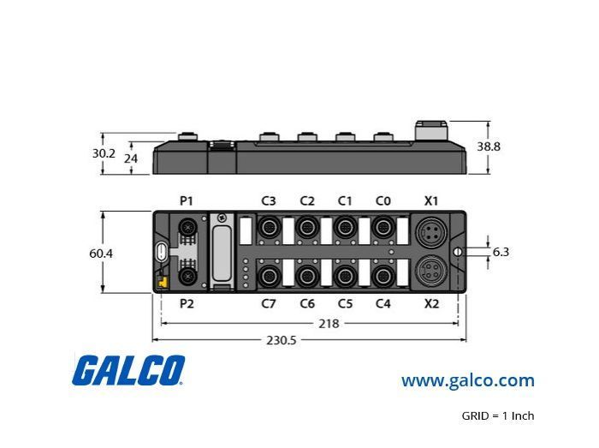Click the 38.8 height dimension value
pyautogui.click(x=489, y=146)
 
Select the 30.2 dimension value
pyautogui.click(x=104, y=153)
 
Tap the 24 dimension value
pyautogui.click(x=131, y=158)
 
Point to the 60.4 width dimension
pyautogui.click(x=101, y=254)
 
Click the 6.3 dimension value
pyautogui.click(x=501, y=252)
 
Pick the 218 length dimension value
pyautogui.click(x=329, y=324)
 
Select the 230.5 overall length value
pyautogui.click(x=282, y=340)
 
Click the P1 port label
pyautogui.click(x=187, y=200)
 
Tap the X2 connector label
pyautogui.click(x=431, y=303)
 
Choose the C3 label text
pyautogui.click(x=269, y=200)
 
